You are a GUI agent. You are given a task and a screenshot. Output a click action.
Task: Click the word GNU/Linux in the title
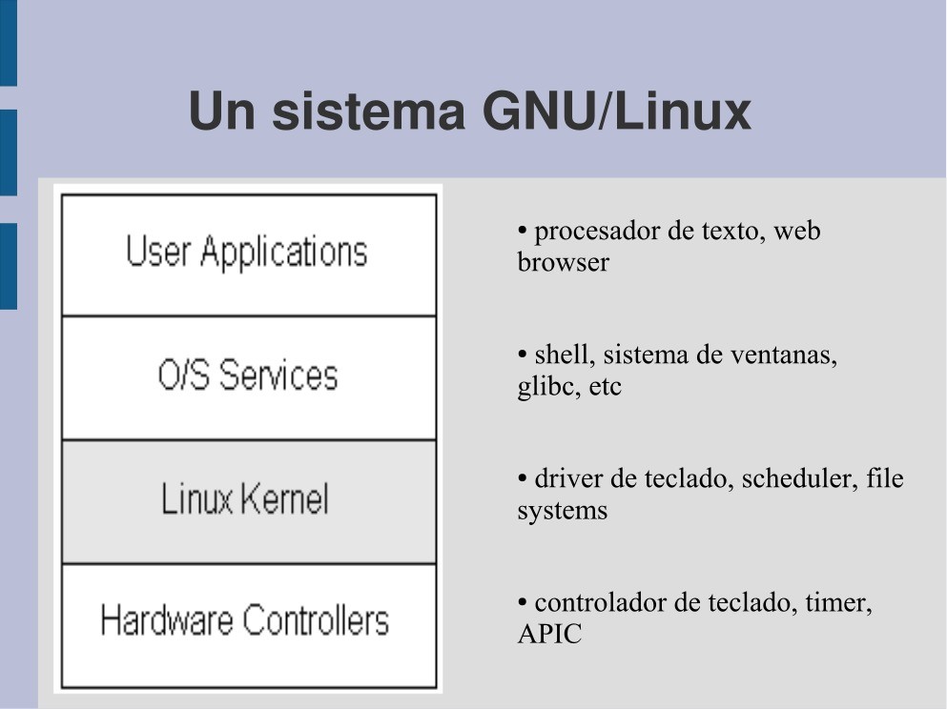pyautogui.click(x=617, y=111)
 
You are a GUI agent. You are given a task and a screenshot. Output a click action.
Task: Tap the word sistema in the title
pyautogui.click(x=368, y=111)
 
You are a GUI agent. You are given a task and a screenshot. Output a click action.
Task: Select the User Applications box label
pyautogui.click(x=246, y=251)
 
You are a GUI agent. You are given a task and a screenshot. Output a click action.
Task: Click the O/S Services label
pyautogui.click(x=248, y=375)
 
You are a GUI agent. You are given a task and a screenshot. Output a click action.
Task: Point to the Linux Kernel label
pyautogui.click(x=244, y=498)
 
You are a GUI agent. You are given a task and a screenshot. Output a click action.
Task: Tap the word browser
pyautogui.click(x=563, y=262)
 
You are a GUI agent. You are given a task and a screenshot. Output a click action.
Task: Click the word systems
pyautogui.click(x=563, y=512)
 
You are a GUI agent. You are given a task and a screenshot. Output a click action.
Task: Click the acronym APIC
pyautogui.click(x=549, y=634)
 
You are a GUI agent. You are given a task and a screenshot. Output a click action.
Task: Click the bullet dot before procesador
pyautogui.click(x=523, y=231)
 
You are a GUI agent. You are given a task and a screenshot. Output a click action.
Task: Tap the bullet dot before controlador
pyautogui.click(x=523, y=601)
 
